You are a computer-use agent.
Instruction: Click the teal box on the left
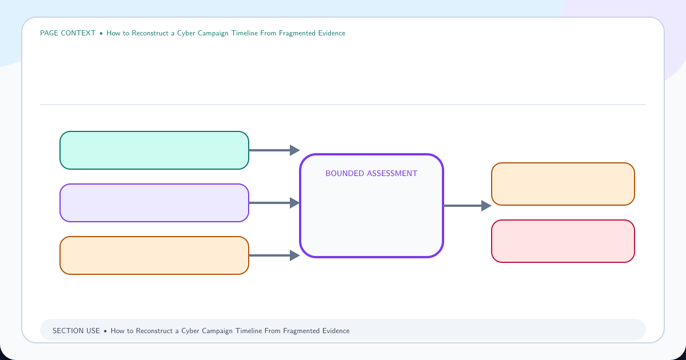click(154, 150)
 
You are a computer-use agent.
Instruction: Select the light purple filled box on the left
click(154, 203)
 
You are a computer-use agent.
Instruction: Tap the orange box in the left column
click(154, 255)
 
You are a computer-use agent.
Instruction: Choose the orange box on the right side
click(563, 184)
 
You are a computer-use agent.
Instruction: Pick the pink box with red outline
click(563, 241)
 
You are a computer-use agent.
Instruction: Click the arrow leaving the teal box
click(274, 150)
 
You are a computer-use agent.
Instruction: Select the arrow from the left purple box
click(274, 203)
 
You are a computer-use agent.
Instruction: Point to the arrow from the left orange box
click(274, 255)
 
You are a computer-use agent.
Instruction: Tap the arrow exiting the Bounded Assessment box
click(468, 206)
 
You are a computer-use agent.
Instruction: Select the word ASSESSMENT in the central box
click(392, 173)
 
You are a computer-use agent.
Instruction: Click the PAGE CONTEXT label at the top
click(67, 33)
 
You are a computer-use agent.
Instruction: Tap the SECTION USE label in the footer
click(76, 331)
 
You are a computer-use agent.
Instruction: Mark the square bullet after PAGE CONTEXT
click(101, 33)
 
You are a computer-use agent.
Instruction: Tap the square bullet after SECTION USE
click(105, 331)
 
